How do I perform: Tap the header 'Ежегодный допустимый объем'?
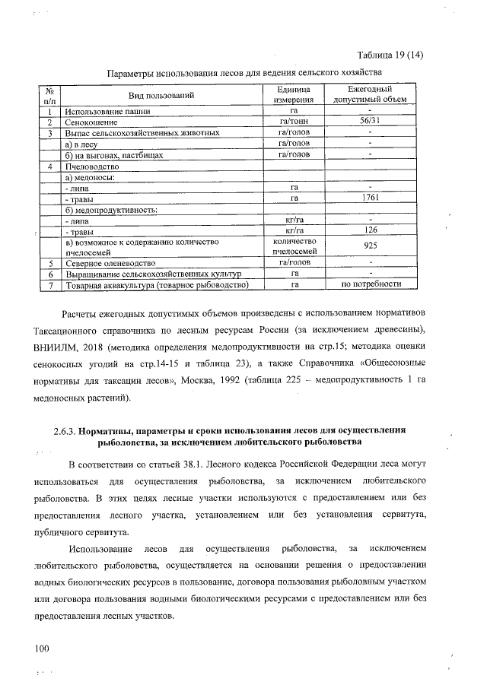click(x=369, y=95)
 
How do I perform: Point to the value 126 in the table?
click(x=369, y=230)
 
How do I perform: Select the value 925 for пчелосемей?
click(x=369, y=246)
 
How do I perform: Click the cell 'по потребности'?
click(x=370, y=284)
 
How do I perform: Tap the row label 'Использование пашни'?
click(x=107, y=112)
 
